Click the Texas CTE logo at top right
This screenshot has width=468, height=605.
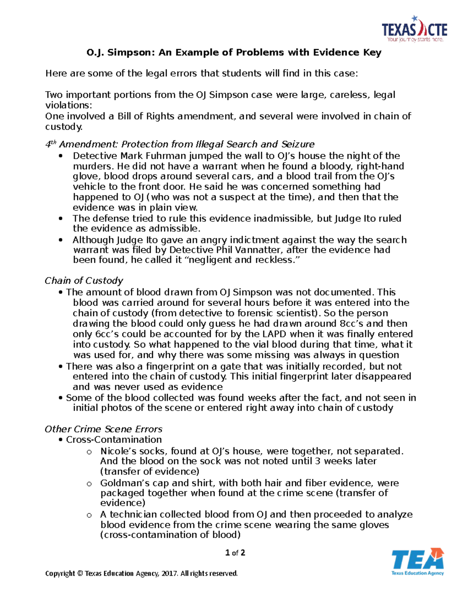pyautogui.click(x=414, y=29)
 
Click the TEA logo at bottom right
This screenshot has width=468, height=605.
pyautogui.click(x=417, y=561)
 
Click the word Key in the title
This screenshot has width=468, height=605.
pyautogui.click(x=372, y=52)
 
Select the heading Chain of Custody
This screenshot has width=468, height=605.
pyautogui.click(x=84, y=280)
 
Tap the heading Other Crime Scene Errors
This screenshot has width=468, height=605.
pyautogui.click(x=103, y=429)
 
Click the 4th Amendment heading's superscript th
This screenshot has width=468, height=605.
pyautogui.click(x=54, y=142)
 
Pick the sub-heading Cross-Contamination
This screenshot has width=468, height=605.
pyautogui.click(x=113, y=439)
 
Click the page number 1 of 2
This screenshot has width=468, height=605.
pyautogui.click(x=235, y=552)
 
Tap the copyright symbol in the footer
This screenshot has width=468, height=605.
pyautogui.click(x=80, y=573)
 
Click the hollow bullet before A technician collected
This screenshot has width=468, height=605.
pyautogui.click(x=89, y=515)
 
